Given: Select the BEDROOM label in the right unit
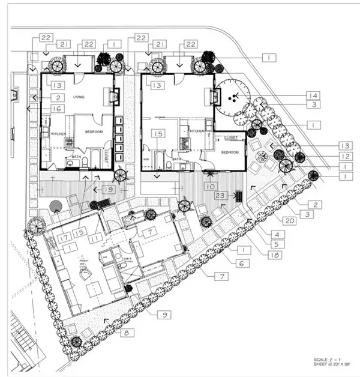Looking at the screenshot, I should click(x=230, y=152).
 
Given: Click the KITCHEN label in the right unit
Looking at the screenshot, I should click(x=198, y=130).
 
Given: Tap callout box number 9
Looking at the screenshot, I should click(x=164, y=313).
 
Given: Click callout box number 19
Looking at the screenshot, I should click(x=109, y=188).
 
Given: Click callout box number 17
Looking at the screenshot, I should click(x=64, y=237).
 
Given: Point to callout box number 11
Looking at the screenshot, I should click(x=95, y=238).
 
